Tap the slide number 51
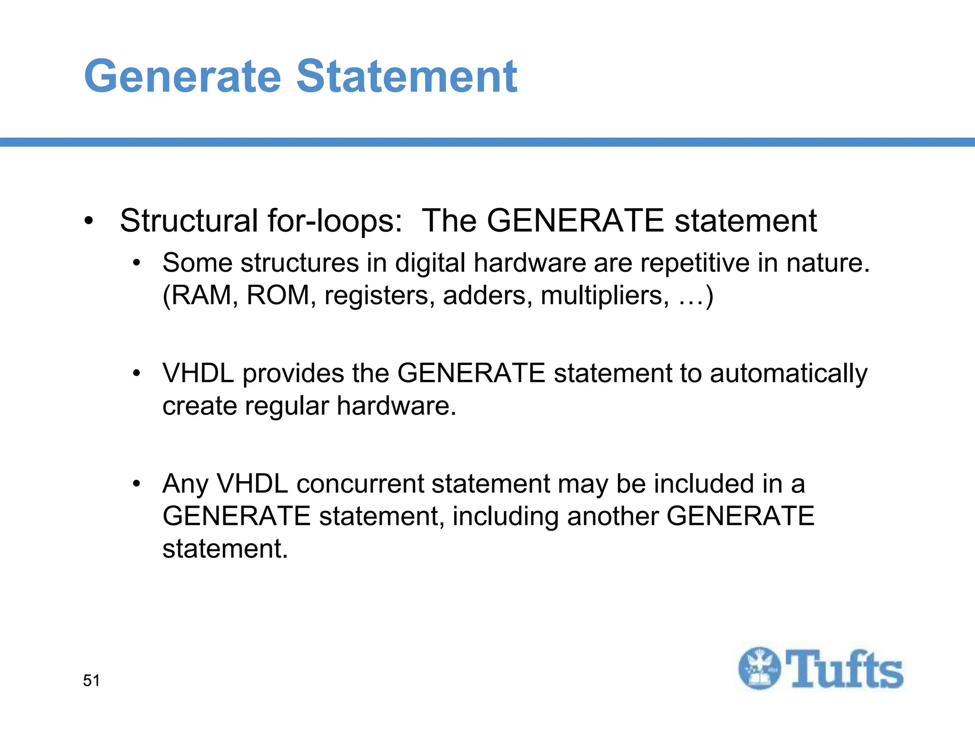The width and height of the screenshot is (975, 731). click(x=91, y=681)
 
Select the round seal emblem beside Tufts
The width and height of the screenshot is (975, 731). click(x=759, y=668)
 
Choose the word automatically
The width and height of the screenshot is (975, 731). click(x=788, y=374)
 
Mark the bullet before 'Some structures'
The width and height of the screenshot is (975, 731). click(x=137, y=263)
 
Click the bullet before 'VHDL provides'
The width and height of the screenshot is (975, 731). click(x=137, y=373)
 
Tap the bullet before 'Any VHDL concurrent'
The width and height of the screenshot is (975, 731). click(x=137, y=484)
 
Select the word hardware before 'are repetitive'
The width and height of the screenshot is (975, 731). click(x=530, y=263)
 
